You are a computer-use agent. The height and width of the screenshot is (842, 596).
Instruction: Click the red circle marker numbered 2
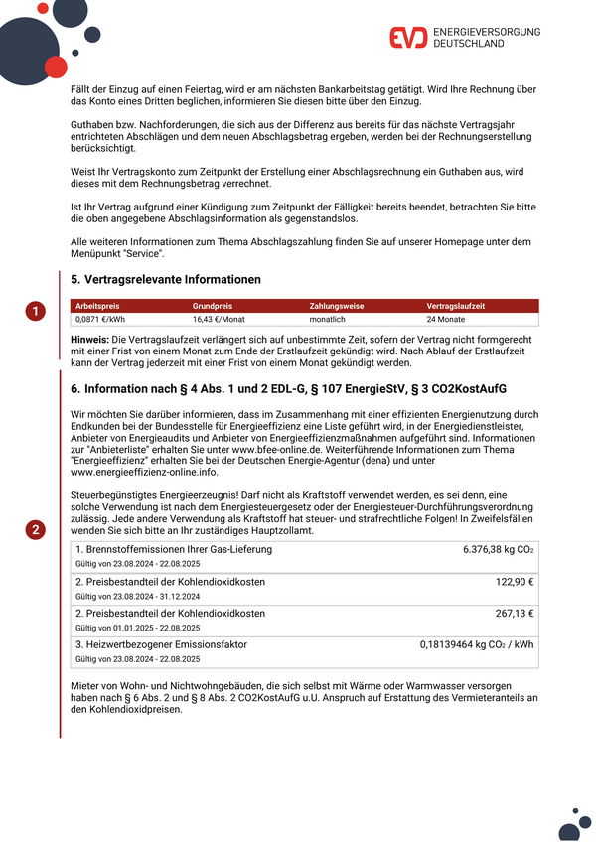(36, 530)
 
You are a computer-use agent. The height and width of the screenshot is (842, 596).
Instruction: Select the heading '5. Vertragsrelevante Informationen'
(167, 280)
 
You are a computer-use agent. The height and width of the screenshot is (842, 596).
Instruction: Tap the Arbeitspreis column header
(97, 307)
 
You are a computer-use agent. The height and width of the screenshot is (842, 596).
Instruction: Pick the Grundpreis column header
(212, 307)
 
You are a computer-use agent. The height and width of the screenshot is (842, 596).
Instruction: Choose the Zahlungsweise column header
(337, 307)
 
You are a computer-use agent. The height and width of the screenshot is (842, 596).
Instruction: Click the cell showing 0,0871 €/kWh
(100, 320)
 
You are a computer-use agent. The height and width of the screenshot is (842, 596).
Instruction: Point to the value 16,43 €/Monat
(218, 320)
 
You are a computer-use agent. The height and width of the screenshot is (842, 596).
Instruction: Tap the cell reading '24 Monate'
(445, 320)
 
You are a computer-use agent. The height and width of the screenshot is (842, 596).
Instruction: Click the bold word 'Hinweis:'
(90, 340)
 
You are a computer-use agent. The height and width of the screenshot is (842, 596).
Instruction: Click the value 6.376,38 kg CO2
(498, 549)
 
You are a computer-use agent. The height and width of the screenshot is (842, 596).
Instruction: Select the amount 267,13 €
(515, 613)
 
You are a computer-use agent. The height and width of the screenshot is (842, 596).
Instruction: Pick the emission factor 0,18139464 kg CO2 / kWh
(476, 644)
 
